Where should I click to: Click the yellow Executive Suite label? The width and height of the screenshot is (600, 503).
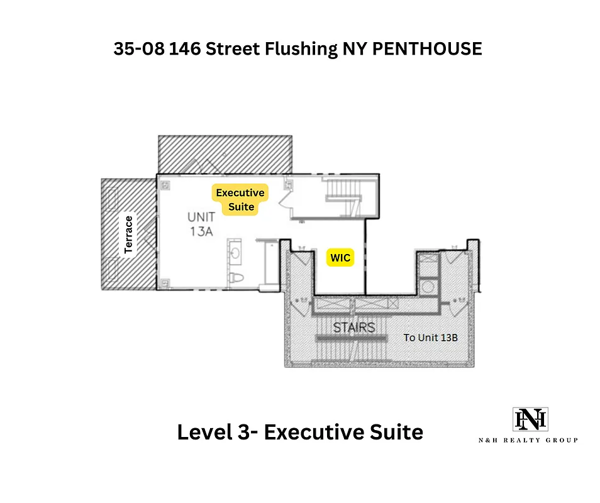[240, 200]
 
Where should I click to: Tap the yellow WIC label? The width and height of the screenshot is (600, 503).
[340, 258]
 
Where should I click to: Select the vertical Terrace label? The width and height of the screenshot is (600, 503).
[130, 235]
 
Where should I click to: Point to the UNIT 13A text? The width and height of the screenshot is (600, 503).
[201, 223]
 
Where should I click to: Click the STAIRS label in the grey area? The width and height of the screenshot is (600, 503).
[354, 327]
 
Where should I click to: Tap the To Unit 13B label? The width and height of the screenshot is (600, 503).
[430, 338]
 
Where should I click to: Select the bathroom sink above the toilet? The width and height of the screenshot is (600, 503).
[236, 253]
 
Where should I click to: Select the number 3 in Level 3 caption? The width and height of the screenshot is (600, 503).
[248, 433]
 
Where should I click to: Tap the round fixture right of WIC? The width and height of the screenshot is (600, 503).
[428, 287]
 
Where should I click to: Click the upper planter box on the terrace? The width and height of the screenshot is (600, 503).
[114, 199]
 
